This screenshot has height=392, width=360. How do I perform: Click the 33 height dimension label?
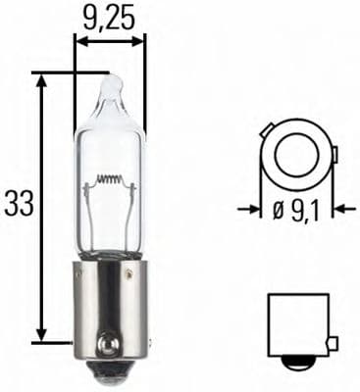[18, 204]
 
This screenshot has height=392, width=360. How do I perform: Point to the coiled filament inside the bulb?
[110, 181]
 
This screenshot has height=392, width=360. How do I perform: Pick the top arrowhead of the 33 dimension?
[42, 78]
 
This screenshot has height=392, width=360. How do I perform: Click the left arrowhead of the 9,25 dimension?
[80, 42]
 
